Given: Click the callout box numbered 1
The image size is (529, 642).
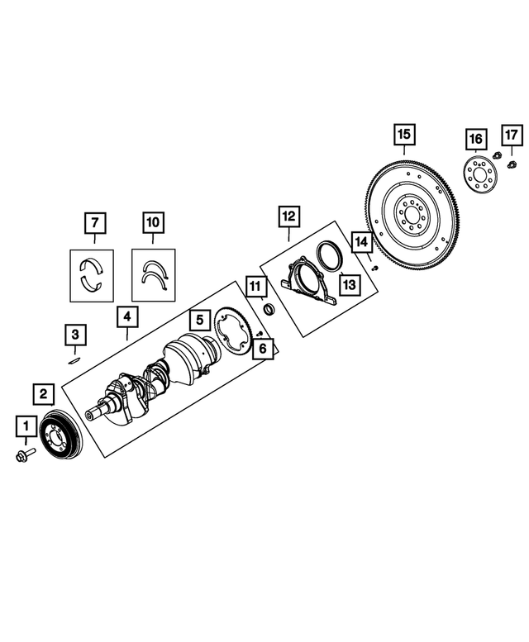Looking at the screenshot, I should coord(26,426).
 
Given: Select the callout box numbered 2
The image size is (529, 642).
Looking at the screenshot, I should coord(45,393).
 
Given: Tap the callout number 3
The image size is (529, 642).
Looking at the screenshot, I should coord(75,335).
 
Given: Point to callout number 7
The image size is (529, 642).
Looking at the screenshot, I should coord(95,222).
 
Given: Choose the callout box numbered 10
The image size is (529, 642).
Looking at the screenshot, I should coord(154,222).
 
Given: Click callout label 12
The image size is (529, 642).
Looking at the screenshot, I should coord(288,216).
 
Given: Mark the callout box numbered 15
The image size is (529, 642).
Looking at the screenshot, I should coord(403,134).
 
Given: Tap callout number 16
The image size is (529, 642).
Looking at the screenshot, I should coord(475,137).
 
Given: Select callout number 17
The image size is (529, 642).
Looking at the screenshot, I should coord(511,134).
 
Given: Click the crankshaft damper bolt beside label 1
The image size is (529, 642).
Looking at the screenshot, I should coord(23,454).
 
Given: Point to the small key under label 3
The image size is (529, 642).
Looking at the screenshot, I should coord(74,359).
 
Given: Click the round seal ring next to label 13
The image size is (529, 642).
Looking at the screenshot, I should coord(328,255).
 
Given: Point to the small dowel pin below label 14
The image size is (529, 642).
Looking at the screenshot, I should coord(374,267).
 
